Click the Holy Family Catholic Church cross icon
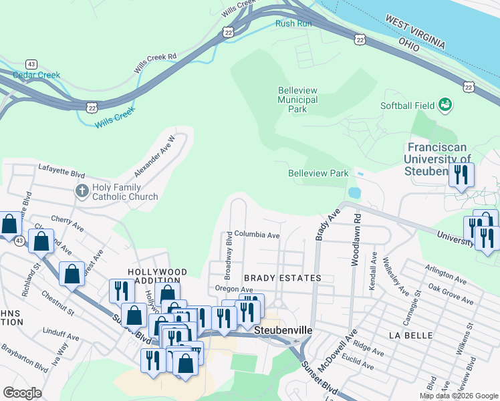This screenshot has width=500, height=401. (82, 191)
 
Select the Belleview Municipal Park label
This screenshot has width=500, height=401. (297, 100)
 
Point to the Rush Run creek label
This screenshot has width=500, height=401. (293, 23)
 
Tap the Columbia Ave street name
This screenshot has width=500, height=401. (257, 235)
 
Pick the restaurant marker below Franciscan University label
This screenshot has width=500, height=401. (461, 175)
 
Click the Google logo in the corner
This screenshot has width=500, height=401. (22, 392)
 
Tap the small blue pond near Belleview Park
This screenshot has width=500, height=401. (354, 192)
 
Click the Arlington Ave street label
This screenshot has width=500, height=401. (443, 273)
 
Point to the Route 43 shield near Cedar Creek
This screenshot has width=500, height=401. (31, 63)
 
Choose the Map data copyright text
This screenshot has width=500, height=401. (457, 396)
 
